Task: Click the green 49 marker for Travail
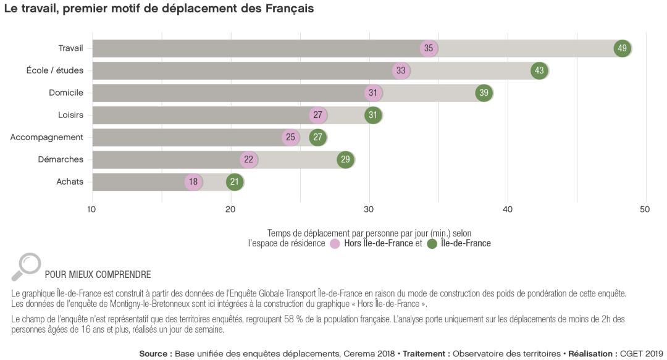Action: point(623,48)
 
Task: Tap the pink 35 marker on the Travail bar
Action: point(429,48)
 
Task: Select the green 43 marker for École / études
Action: point(539,70)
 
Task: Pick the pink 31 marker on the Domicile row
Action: point(373,93)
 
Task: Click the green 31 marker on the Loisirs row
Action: point(373,115)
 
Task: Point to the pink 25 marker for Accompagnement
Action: point(290,137)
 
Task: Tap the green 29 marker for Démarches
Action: point(345,159)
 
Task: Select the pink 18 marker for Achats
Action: point(193,182)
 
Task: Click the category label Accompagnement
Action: point(46,137)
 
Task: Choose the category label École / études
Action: point(55,70)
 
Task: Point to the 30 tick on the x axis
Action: point(369,209)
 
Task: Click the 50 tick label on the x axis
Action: point(645,209)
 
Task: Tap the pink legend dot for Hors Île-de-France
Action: point(335,243)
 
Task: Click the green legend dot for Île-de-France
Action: point(432,243)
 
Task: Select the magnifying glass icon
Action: point(25,266)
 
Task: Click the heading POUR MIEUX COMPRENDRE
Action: point(98,274)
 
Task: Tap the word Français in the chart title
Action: point(290,9)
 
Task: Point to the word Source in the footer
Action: point(154,353)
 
